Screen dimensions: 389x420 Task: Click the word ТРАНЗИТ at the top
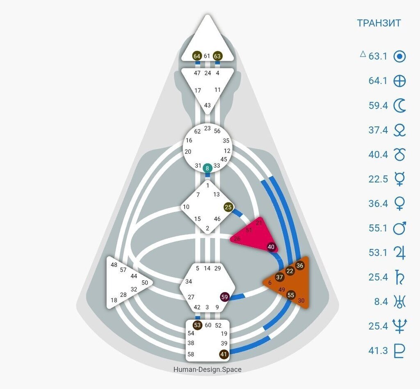tap(379, 23)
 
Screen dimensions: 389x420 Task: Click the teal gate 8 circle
tap(208, 167)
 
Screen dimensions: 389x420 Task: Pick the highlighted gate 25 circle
tap(228, 207)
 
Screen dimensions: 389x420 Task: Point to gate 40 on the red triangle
tap(271, 247)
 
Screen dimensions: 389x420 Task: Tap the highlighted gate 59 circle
tap(224, 297)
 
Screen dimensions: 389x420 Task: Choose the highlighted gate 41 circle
tap(224, 354)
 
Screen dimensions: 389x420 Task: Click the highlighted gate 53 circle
tap(197, 325)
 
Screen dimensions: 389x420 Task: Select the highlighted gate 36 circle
tap(300, 265)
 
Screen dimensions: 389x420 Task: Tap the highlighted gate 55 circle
tap(291, 295)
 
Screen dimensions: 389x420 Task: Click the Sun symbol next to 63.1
tap(399, 56)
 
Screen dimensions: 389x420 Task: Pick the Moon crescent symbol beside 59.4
tap(399, 106)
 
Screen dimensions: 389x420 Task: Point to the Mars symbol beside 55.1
tap(399, 228)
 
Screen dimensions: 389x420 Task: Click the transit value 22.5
tap(378, 179)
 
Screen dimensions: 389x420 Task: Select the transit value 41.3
tap(378, 350)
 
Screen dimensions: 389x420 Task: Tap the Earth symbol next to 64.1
tap(399, 81)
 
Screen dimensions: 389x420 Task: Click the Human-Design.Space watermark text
tap(207, 369)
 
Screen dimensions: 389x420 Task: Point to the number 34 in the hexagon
tap(189, 282)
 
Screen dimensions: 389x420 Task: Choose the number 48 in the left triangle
tap(114, 265)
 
